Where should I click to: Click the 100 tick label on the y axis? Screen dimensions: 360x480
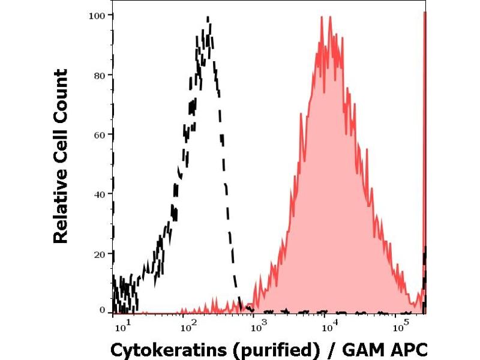(x=97, y=15)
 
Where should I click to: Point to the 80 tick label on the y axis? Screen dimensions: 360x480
(x=99, y=75)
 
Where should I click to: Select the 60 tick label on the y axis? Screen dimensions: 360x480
(x=99, y=134)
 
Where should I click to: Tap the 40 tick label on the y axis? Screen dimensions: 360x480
(x=99, y=194)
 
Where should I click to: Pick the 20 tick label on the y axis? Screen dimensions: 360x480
(x=99, y=253)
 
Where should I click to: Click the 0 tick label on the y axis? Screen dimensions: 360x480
(x=102, y=310)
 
